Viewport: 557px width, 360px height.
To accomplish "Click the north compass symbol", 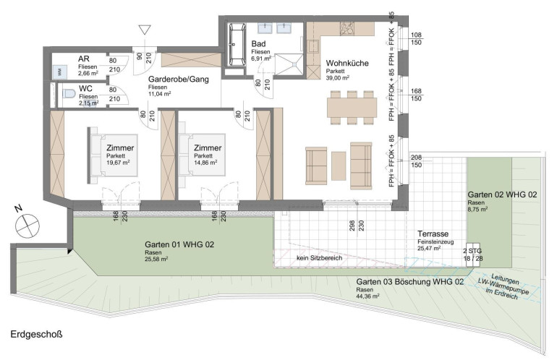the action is pos(27,226).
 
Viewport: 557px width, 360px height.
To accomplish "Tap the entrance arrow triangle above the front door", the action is pos(145,30).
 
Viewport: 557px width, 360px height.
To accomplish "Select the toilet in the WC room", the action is pos(69,94).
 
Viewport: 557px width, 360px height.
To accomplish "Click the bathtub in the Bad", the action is pos(237,45).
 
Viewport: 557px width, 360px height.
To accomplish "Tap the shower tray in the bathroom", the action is pos(289,64).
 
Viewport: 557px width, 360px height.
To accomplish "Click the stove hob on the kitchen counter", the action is pos(347,29).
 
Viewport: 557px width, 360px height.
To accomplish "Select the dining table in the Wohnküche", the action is pos(352,108).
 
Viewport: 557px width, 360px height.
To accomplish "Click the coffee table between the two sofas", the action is pos(339,166).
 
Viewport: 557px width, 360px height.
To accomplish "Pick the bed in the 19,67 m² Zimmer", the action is pos(112,155).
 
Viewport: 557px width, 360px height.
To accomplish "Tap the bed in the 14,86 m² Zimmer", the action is pos(202,155).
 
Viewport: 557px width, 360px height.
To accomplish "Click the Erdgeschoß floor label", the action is pos(37,335).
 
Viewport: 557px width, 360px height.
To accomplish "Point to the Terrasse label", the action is pos(433,234).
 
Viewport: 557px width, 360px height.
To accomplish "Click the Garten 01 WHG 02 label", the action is pos(179,244).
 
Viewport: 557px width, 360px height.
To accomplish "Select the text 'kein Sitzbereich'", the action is pos(319,258).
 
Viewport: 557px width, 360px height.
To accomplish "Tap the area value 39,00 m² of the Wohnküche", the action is pos(338,78).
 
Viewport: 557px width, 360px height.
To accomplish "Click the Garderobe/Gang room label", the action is pos(179,80).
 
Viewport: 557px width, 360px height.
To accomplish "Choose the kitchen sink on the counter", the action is pos(313,46).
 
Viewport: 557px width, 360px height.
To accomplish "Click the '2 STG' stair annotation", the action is pos(472,251).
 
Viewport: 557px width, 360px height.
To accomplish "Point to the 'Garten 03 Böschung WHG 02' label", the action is pos(410,282).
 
